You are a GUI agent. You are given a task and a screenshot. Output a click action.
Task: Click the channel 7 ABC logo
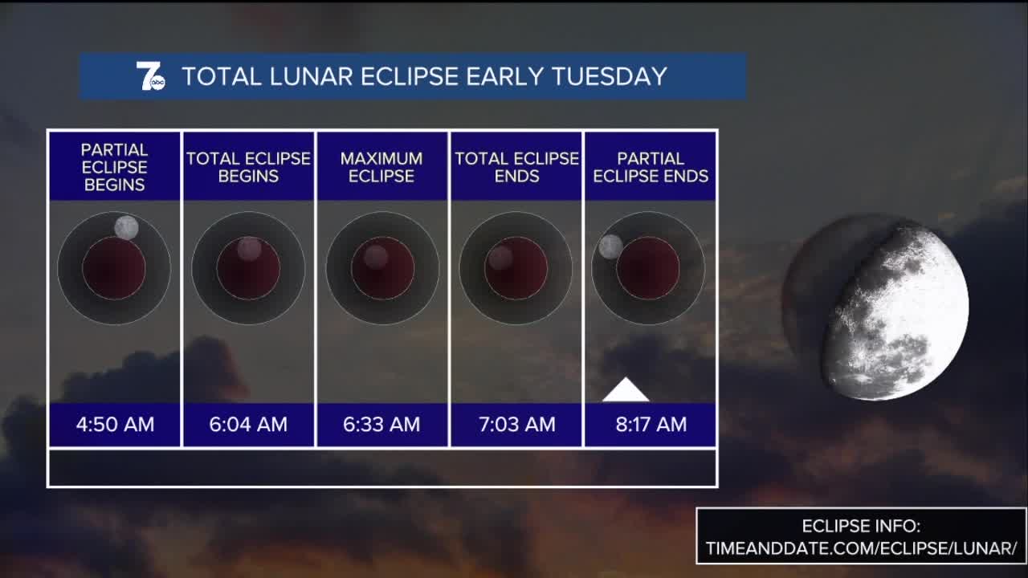click(x=150, y=76)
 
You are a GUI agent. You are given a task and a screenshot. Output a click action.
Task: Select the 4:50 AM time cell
click(x=115, y=425)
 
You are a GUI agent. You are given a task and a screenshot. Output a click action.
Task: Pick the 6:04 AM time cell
click(x=248, y=425)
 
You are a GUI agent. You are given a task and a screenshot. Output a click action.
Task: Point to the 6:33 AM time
click(x=381, y=425)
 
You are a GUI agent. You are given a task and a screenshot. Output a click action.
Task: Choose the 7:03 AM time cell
click(x=516, y=425)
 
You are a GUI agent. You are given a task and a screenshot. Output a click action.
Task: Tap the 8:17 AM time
click(x=651, y=425)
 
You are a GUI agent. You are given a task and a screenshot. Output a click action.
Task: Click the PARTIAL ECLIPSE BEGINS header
click(x=115, y=167)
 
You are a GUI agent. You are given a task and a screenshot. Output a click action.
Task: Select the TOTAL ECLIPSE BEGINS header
click(x=248, y=167)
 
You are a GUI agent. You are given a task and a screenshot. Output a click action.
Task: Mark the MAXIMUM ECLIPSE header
click(x=381, y=167)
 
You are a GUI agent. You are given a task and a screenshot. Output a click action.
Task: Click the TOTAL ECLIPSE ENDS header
click(x=516, y=167)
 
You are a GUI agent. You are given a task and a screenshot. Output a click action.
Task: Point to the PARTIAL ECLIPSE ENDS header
click(x=651, y=167)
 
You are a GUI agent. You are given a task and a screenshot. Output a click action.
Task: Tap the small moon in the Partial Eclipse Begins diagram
click(x=127, y=227)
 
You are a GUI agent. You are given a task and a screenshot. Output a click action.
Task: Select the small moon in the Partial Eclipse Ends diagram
click(x=611, y=246)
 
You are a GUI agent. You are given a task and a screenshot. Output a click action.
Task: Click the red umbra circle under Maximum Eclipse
click(x=383, y=268)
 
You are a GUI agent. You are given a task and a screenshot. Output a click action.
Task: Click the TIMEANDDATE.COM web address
click(x=862, y=548)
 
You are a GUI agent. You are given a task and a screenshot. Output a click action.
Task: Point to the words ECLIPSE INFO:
click(x=862, y=526)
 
